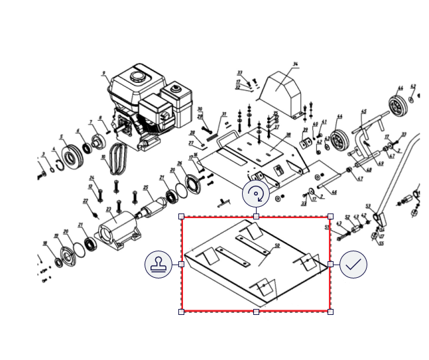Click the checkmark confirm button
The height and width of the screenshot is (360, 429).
353,265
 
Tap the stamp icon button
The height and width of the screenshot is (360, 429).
158,265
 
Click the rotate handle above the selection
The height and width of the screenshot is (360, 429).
256,194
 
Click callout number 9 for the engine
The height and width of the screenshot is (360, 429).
104,73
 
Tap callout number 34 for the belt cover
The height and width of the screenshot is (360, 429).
295,64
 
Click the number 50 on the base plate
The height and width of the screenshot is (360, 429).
276,246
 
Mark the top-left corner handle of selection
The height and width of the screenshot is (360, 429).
182,217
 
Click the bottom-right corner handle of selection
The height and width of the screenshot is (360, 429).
330,311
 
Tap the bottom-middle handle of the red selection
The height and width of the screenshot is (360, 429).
256,311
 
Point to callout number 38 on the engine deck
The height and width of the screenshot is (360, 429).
288,135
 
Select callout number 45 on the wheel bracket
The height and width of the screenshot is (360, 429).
363,111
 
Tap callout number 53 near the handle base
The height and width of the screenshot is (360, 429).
368,206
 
